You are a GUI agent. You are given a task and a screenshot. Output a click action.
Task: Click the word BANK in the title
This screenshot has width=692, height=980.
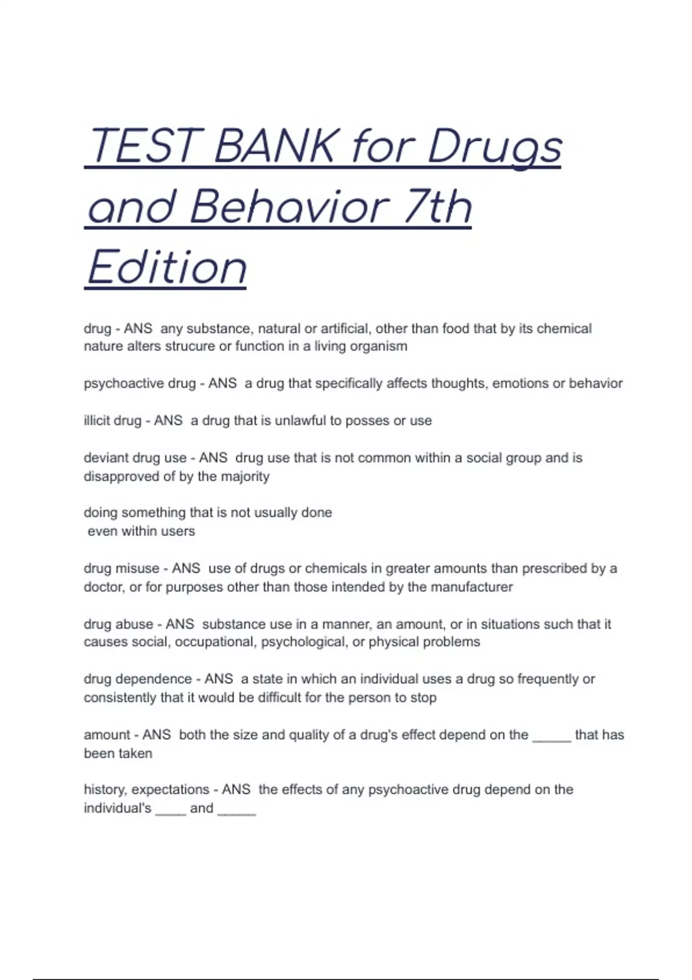tap(273, 146)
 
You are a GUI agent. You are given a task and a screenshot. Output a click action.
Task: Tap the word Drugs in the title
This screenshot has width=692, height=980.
tap(494, 147)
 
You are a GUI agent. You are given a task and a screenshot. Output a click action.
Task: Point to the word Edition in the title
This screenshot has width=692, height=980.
tap(167, 268)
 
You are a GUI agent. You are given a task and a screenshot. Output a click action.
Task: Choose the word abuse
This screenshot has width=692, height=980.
tap(134, 624)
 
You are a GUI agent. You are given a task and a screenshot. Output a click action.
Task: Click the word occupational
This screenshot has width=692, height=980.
tap(216, 642)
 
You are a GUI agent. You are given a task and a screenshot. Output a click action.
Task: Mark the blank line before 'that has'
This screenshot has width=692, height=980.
tap(551, 738)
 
